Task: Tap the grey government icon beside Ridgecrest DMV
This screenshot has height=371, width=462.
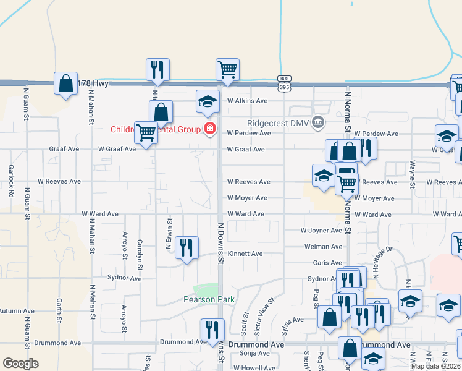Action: point(317,122)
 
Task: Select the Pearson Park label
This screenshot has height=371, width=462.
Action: point(209,299)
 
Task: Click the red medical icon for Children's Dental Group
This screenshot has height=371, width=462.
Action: point(210,129)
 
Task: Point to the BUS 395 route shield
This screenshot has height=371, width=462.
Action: point(284,85)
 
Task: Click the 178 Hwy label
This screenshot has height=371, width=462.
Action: point(94,83)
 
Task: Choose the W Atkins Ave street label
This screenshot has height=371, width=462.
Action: point(247,101)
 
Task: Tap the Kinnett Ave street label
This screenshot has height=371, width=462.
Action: point(245,254)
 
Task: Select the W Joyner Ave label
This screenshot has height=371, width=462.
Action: point(321,231)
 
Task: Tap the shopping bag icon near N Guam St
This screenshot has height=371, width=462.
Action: point(65,83)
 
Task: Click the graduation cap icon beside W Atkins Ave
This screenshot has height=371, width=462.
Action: point(208,101)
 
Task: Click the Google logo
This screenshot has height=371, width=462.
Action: point(20,364)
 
